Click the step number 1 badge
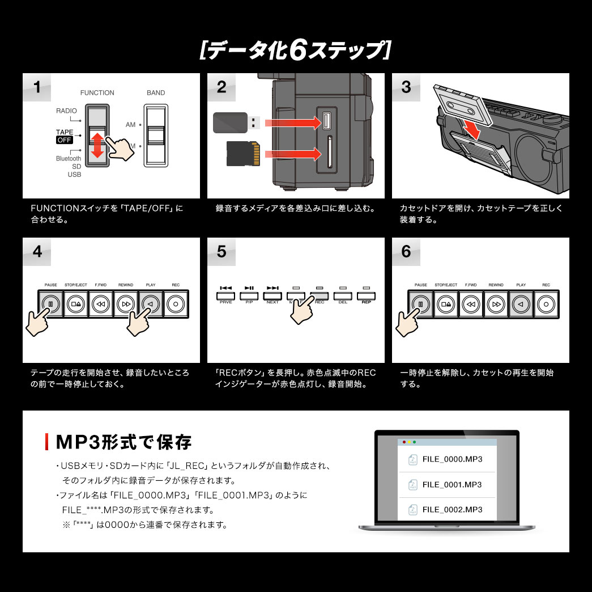(37, 87)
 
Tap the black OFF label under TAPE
(64, 140)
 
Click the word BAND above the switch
(156, 93)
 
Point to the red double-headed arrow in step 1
(97, 145)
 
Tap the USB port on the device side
(326, 120)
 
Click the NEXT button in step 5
(272, 295)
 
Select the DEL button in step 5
(343, 295)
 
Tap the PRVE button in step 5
(226, 295)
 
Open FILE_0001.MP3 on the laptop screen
(452, 485)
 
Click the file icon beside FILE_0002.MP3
(412, 509)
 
